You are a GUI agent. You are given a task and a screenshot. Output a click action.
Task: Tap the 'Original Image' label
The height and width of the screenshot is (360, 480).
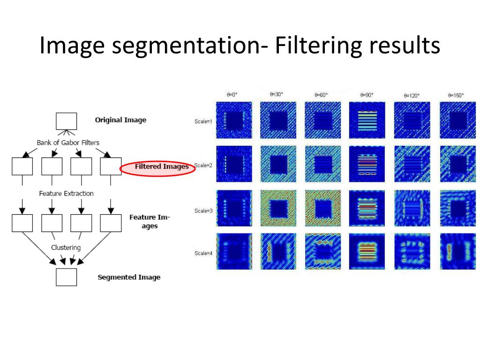point(120,120)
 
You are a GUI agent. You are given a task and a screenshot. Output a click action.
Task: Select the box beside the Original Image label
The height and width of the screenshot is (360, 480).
point(66,121)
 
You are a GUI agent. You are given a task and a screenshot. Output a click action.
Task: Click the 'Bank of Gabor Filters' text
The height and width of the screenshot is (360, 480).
point(68,142)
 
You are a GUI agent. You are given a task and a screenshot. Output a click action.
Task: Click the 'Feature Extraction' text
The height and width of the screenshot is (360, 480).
point(66,193)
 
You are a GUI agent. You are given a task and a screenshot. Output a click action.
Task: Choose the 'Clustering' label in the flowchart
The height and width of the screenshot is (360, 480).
point(66,247)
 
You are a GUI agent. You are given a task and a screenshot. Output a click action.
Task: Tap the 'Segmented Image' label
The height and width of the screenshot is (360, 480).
point(129,277)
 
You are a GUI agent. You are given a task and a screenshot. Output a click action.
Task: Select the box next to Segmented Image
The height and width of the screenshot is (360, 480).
point(66,277)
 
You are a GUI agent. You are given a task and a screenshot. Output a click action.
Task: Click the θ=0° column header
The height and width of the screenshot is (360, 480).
point(232,95)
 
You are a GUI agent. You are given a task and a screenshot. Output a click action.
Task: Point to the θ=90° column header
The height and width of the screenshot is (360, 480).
point(367,95)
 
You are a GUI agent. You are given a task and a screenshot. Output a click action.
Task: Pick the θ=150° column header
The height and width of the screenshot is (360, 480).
point(456,96)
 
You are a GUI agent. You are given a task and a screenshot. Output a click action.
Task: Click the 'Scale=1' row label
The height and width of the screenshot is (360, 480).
point(203,122)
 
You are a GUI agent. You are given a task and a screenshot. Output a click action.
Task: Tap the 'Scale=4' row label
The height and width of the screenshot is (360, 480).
point(203,254)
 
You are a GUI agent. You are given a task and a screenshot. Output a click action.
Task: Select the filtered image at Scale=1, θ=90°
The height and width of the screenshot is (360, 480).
point(367,120)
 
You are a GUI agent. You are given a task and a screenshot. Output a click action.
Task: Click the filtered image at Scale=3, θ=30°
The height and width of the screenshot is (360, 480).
point(278,207)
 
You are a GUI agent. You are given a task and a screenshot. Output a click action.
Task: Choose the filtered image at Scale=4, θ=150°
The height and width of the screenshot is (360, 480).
point(457,251)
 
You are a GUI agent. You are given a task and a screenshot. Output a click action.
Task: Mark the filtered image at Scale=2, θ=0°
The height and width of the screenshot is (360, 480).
point(233,164)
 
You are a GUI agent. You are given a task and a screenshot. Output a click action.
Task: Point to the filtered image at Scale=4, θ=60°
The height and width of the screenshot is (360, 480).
point(322,251)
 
